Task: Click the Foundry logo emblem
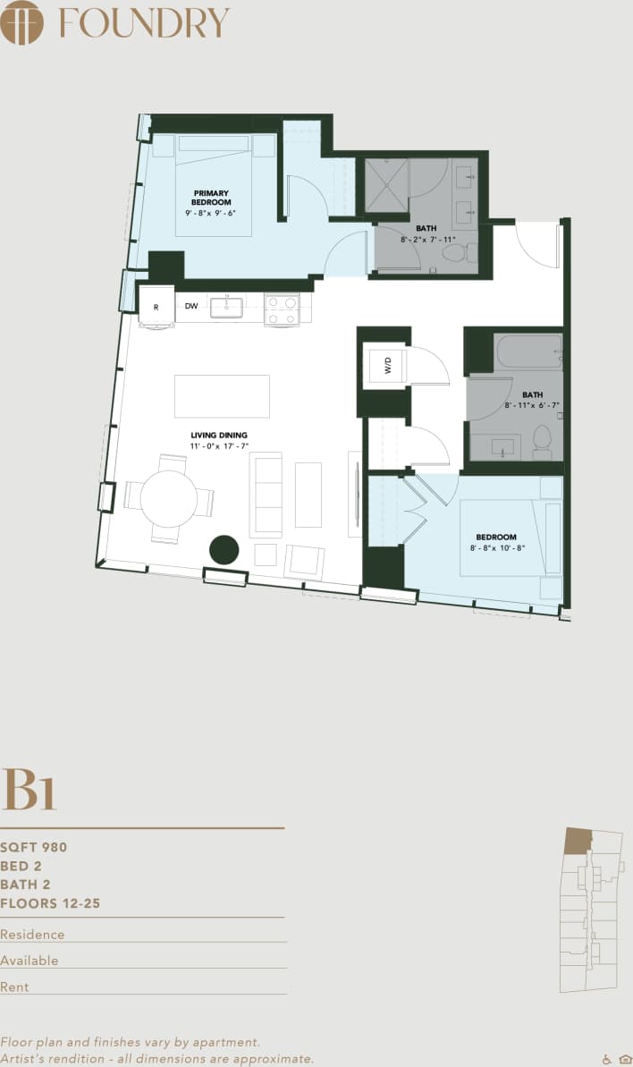[22, 22]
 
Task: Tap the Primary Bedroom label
[211, 198]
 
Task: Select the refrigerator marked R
[156, 307]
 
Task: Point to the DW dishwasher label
[191, 306]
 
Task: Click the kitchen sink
[226, 308]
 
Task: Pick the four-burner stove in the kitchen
[282, 309]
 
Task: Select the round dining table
[169, 498]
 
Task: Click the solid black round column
[224, 550]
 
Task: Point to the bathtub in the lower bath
[529, 352]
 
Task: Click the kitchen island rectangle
[222, 396]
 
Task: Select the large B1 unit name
[30, 789]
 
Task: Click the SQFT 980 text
[34, 847]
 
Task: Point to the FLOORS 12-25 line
[50, 903]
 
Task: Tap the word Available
[30, 961]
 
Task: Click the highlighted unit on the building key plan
[578, 840]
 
